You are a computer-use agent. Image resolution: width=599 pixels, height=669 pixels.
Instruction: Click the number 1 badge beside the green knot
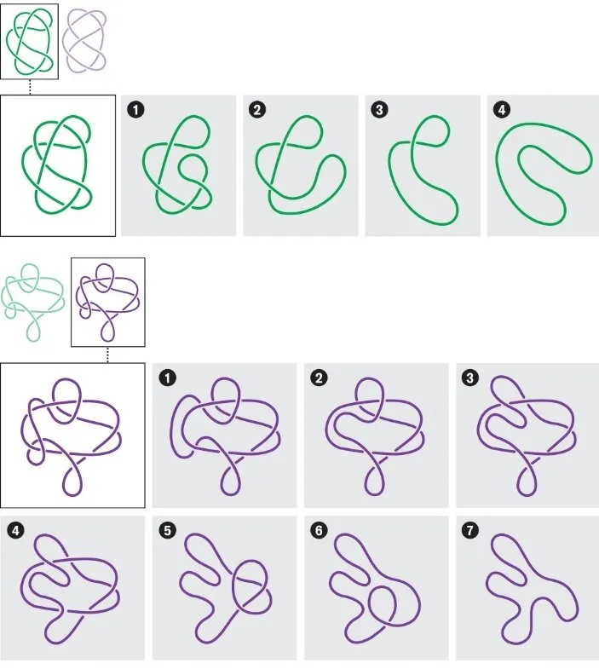tap(135, 110)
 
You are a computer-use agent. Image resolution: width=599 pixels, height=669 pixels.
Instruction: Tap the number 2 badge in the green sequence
tap(257, 110)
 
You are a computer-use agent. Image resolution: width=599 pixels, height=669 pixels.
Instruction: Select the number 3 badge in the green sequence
tap(379, 110)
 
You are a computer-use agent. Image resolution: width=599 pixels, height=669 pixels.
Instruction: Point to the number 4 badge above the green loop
tap(501, 110)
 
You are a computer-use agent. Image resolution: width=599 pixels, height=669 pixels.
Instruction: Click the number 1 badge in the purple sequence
tap(167, 378)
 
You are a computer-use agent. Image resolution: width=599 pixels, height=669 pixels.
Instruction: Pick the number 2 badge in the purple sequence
tap(319, 378)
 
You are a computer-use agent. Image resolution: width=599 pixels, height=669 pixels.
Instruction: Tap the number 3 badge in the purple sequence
tap(470, 378)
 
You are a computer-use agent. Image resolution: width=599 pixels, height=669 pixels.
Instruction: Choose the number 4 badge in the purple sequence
tap(16, 531)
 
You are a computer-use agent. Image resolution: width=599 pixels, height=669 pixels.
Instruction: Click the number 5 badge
tap(167, 531)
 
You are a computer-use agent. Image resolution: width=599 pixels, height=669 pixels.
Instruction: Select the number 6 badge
tap(319, 531)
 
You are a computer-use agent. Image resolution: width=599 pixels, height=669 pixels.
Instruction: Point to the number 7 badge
tap(470, 531)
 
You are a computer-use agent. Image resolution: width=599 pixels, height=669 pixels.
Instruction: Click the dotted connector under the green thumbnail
tap(30, 87)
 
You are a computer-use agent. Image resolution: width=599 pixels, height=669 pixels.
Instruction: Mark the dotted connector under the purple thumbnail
tap(107, 355)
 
